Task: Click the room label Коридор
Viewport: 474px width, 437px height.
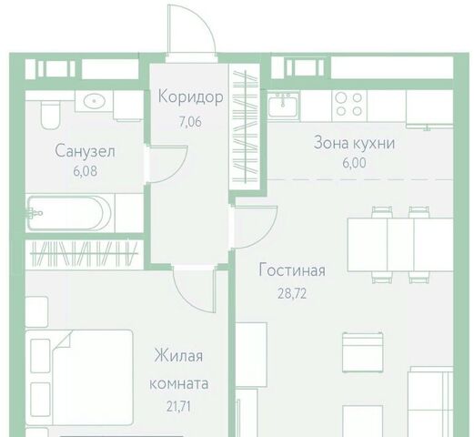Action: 191,97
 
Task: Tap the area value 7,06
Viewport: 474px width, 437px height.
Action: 190,122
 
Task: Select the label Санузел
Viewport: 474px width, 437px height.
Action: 86,151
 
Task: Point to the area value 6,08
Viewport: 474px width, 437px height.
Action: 86,171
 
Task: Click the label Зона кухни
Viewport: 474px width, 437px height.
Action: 354,143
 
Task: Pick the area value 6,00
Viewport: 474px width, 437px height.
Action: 354,163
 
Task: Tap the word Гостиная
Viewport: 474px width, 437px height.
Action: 292,269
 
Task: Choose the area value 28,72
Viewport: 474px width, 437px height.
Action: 292,294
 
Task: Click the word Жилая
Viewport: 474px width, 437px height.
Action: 178,356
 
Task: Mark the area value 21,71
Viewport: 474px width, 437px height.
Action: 178,407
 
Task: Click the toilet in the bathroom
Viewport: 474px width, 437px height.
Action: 50,115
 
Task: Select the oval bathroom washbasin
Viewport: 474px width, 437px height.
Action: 95,101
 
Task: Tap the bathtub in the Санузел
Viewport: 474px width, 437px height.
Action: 69,213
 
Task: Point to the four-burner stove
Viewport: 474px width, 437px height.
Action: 349,105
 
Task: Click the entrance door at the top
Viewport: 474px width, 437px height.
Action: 192,30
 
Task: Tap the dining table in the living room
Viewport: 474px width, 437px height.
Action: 400,245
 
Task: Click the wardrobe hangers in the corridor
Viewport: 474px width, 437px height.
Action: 246,127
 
